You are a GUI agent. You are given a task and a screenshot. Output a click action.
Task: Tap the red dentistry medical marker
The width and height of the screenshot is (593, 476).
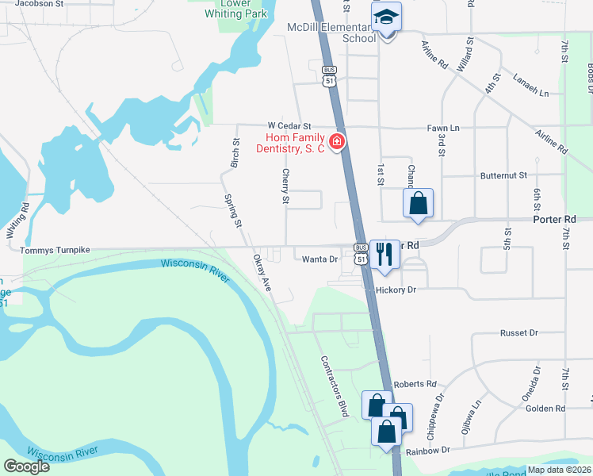337,142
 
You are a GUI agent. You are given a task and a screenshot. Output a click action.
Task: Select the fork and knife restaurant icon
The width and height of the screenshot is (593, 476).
384,255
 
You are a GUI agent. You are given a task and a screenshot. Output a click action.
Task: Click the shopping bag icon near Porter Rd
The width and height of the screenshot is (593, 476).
418,203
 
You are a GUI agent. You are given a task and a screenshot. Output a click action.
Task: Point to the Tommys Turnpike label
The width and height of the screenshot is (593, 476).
55,250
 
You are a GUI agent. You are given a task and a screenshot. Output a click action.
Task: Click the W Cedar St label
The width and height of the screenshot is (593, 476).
289,126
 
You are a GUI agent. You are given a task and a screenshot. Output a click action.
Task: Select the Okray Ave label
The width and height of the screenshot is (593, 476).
262,272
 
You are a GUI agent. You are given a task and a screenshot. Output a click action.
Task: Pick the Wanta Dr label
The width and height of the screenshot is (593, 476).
320,259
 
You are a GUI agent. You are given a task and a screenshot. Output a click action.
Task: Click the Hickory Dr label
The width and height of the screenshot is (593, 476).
396,290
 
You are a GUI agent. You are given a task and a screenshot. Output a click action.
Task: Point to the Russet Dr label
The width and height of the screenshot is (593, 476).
520,333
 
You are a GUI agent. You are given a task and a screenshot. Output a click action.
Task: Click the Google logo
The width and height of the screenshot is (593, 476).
27,466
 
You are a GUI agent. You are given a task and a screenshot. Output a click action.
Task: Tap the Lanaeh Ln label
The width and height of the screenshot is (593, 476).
530,93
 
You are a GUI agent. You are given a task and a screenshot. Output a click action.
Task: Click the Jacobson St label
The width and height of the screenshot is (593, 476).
39,3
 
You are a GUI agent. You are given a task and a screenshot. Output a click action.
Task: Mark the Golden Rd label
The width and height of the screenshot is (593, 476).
545,409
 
